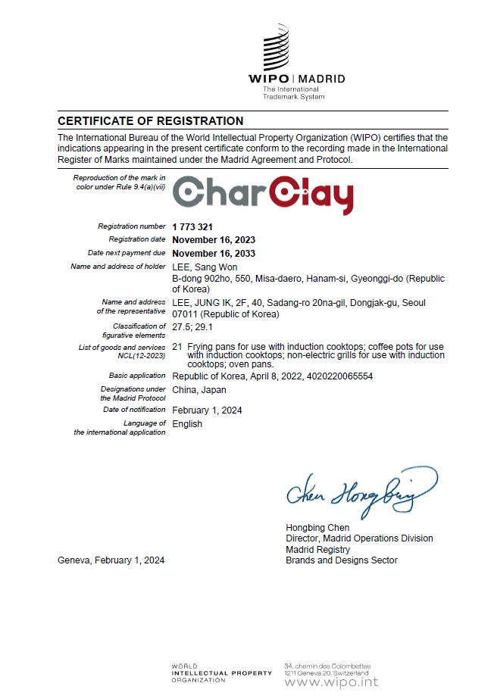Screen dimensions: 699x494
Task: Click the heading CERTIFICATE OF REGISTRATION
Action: coord(151,121)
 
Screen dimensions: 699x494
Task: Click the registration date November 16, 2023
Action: coord(214,240)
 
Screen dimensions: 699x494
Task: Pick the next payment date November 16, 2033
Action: coord(214,254)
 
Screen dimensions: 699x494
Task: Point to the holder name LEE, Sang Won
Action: coord(205,267)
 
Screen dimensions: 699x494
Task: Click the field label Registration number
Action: coord(131,226)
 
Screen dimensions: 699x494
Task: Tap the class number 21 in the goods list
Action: coord(177,347)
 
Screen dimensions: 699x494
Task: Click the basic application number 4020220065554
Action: coord(336,376)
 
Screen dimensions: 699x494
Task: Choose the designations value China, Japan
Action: coord(199,390)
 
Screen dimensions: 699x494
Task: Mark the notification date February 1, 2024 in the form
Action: coord(207,410)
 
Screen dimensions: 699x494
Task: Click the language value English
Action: coord(187,424)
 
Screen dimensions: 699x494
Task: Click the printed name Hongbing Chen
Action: coord(317,528)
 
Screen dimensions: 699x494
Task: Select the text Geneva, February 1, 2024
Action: coord(111,560)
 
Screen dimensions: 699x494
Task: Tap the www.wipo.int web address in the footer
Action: coord(330,682)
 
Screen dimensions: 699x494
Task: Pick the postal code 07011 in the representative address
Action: coord(184,314)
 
